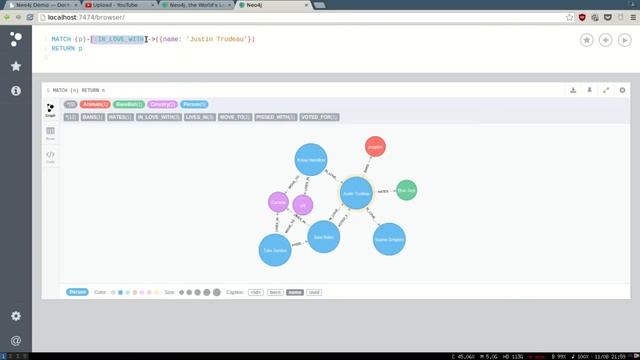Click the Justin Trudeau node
tap(357, 193)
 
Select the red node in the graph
tap(375, 147)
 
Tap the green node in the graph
tap(406, 190)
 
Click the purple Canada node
tap(279, 203)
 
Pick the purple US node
tap(303, 205)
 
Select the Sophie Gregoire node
tap(389, 239)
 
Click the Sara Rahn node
tap(323, 237)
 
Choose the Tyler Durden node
tap(275, 249)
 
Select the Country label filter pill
tap(161, 104)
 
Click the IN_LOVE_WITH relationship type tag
tap(158, 117)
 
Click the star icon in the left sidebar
tap(16, 66)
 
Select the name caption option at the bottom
tap(294, 292)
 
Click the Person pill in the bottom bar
tap(77, 292)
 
